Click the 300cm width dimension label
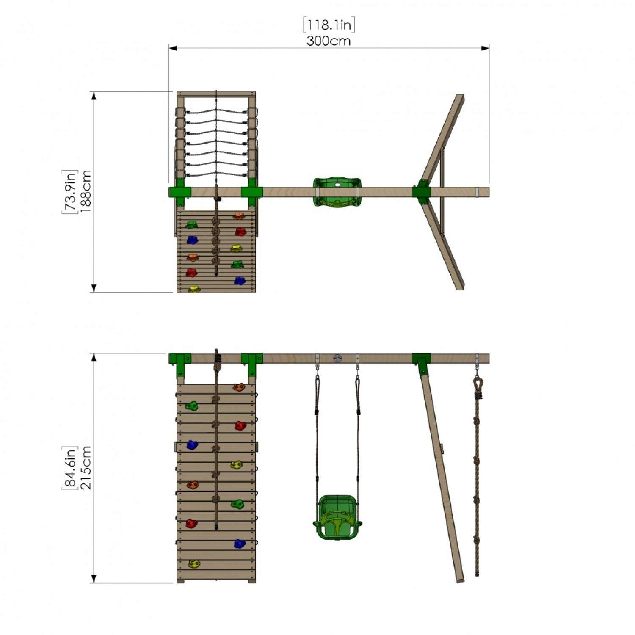point(329,41)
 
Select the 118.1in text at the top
point(329,25)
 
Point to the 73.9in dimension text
point(70,191)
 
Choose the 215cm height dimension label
point(86,468)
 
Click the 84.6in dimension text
point(70,468)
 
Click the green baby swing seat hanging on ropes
point(337,517)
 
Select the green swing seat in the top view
point(337,192)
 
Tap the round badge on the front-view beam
point(337,359)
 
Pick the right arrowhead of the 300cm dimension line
point(486,48)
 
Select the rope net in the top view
point(216,142)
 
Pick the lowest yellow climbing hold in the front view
point(194,564)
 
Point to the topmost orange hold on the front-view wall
point(239,387)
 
